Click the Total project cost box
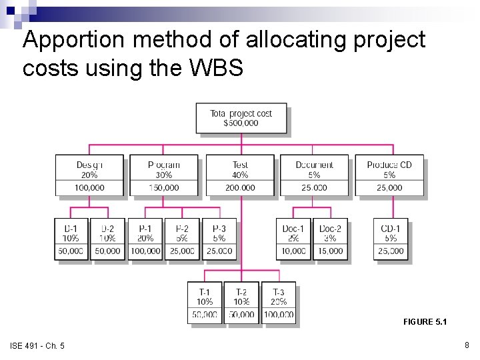tap(241, 118)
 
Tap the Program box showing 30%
tap(164, 175)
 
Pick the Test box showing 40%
tap(240, 175)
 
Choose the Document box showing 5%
tap(314, 175)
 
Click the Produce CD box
tap(389, 175)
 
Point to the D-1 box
tap(71, 239)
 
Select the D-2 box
tap(107, 239)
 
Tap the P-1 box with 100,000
tap(145, 239)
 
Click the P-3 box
tap(219, 239)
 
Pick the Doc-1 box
tap(293, 239)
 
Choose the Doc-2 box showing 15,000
tap(330, 239)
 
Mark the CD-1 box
tap(391, 239)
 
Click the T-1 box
tap(205, 303)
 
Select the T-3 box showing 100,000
tap(279, 303)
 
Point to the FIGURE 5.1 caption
tap(425, 322)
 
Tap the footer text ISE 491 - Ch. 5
tap(37, 345)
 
